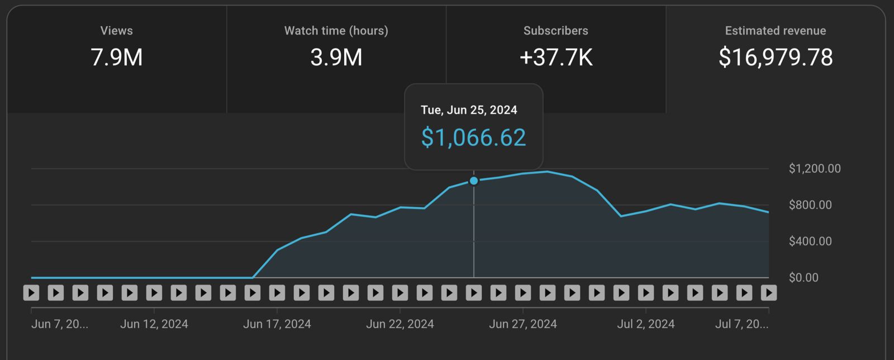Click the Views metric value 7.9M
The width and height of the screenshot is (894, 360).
(117, 57)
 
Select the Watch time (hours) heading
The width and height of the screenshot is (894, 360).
(336, 31)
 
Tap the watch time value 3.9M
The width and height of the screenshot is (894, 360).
(336, 57)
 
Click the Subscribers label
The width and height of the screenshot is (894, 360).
(555, 31)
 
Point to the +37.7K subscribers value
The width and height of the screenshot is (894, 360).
(555, 57)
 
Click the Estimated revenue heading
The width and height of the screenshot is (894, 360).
(775, 31)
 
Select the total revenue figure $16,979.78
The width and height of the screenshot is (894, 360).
(775, 57)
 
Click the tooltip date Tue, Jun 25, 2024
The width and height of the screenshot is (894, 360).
(469, 110)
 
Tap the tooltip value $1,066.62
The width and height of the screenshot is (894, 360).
(473, 138)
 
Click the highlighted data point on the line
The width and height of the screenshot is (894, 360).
(474, 181)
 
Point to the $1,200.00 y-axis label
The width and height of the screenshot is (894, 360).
(814, 169)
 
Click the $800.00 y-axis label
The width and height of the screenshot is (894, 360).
(810, 205)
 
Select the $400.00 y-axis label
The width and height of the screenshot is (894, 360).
(810, 241)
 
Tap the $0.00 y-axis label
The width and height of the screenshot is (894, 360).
(803, 278)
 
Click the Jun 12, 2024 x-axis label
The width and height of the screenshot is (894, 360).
(154, 324)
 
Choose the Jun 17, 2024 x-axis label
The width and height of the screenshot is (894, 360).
(277, 324)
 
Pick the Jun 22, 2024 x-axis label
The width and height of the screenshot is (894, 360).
(400, 324)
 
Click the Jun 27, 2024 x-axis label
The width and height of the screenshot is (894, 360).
(523, 324)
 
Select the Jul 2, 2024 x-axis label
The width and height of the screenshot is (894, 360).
(646, 324)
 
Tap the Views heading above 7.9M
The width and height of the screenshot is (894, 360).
(117, 31)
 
